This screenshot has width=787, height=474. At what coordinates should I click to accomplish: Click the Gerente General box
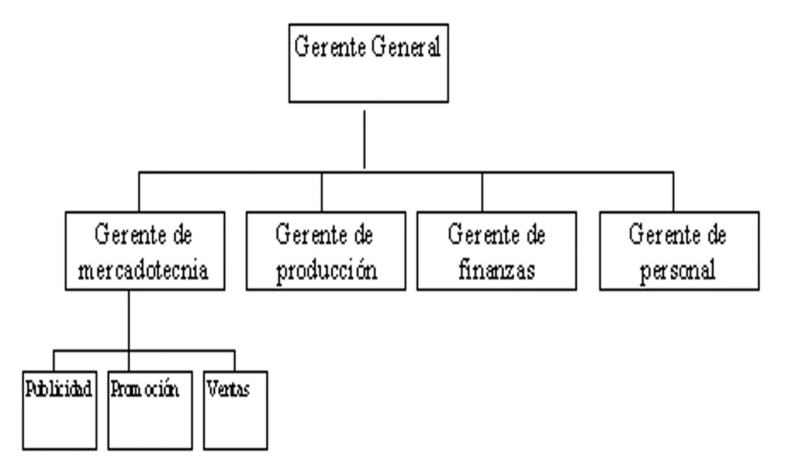(x=368, y=63)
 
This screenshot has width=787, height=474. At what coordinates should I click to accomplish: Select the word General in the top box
(x=406, y=47)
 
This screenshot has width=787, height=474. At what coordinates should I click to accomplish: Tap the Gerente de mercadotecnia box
(x=145, y=251)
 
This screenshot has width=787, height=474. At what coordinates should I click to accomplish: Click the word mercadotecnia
(x=144, y=270)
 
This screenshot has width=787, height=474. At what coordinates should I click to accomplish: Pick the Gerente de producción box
(x=326, y=251)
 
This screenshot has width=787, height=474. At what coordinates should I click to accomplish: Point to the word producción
(x=326, y=272)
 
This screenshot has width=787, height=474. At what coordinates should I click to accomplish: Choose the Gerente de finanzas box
(x=496, y=251)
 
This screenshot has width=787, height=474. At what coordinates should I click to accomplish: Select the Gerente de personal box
(x=679, y=251)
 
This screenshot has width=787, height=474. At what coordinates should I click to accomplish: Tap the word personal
(x=678, y=272)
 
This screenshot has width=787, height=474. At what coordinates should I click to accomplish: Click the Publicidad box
(x=60, y=410)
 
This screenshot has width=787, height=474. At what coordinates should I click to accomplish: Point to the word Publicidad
(x=58, y=389)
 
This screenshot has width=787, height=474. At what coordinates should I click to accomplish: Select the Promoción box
(x=150, y=410)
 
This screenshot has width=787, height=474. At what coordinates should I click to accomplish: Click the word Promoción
(x=144, y=389)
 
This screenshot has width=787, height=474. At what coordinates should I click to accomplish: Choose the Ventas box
(x=235, y=410)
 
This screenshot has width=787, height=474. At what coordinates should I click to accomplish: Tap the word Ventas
(x=228, y=389)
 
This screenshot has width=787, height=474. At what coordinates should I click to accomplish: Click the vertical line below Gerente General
(x=364, y=139)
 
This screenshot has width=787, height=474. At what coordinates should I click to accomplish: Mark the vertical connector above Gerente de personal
(x=673, y=192)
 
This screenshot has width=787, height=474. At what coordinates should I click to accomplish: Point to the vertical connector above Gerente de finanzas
(x=483, y=192)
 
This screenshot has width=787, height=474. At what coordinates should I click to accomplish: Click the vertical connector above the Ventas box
(x=234, y=361)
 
